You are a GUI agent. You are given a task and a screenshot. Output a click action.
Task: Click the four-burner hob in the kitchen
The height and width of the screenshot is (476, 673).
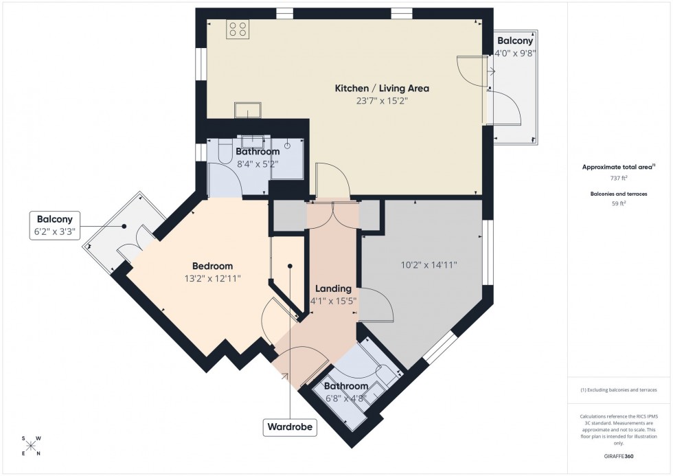(238, 29)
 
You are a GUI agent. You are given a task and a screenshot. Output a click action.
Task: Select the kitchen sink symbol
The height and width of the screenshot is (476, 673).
(246, 110)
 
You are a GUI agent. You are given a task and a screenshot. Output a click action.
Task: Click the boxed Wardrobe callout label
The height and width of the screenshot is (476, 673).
(290, 427)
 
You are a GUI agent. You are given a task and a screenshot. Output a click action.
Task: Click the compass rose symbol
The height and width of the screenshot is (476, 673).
(32, 446)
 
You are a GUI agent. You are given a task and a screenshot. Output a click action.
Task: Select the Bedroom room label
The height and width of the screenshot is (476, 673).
(212, 266)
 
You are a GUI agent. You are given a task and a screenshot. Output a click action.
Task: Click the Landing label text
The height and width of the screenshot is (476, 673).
(333, 288)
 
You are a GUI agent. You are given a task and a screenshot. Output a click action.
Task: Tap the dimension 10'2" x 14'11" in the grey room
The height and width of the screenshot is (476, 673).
(429, 265)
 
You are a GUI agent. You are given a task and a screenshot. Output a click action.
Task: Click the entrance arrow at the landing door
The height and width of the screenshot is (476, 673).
(284, 376)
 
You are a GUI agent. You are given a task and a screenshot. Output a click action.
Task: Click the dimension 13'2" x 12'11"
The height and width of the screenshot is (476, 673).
(212, 278)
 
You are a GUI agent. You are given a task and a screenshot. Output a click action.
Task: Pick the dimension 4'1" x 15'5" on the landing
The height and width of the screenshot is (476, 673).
(333, 300)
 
